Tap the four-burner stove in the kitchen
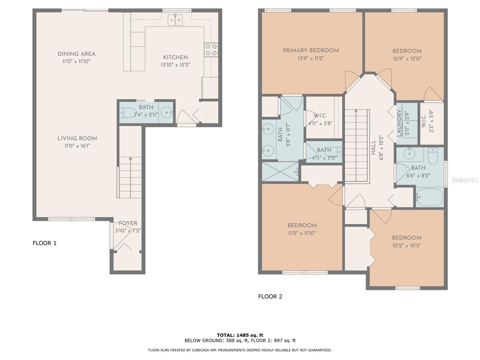pyautogui.click(x=211, y=50)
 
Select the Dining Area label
pyautogui.click(x=76, y=54)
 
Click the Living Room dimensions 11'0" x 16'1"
pyautogui.click(x=77, y=146)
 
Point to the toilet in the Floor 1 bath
pyautogui.click(x=128, y=112)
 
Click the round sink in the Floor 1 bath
pyautogui.click(x=166, y=112)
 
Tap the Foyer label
pyautogui.click(x=128, y=223)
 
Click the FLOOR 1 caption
pyautogui.click(x=45, y=243)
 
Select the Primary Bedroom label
pyautogui.click(x=311, y=50)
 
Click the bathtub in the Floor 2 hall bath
pyautogui.click(x=430, y=197)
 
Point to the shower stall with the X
pyautogui.click(x=280, y=172)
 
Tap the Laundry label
pyautogui.click(x=399, y=123)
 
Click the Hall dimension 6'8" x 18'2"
pyautogui.click(x=381, y=148)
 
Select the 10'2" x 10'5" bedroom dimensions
pyautogui.click(x=406, y=245)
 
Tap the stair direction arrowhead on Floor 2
pyautogui.click(x=356, y=111)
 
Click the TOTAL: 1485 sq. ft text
pyautogui.click(x=240, y=335)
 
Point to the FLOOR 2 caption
pyautogui.click(x=270, y=296)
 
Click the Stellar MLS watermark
pyautogui.click(x=465, y=180)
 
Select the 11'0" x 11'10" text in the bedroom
pyautogui.click(x=302, y=233)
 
